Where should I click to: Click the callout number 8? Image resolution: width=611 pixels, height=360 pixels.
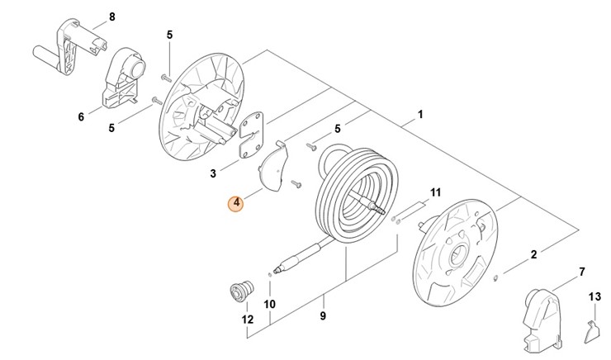pos(112,17)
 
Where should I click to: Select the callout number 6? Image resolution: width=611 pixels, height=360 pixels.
pos(81,117)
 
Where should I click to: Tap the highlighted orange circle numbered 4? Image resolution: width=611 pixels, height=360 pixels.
pos(237,202)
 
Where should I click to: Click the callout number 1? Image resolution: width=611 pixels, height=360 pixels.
pos(420,114)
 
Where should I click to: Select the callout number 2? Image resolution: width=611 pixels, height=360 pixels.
pos(533,254)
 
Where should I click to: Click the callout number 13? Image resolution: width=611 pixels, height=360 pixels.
pos(594,296)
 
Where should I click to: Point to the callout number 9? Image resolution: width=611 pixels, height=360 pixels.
pos(323,316)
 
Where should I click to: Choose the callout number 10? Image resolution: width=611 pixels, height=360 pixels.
pos(269,304)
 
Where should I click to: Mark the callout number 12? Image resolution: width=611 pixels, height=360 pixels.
pos(247,319)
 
